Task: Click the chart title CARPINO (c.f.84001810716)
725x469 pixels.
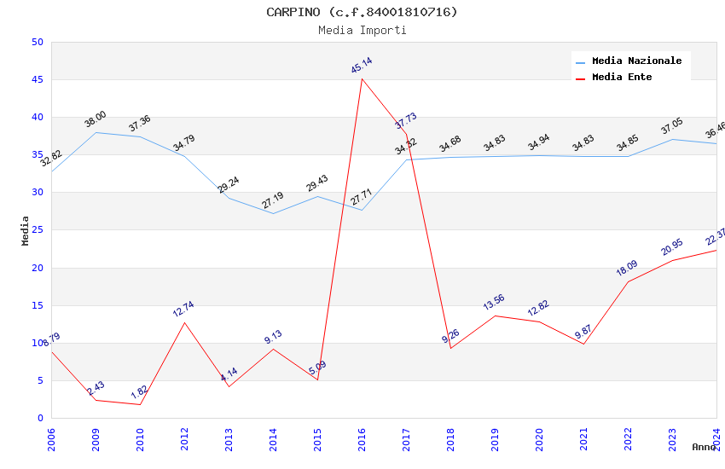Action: tap(362, 12)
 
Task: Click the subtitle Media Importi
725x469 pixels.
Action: tap(362, 30)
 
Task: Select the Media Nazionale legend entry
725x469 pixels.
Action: tap(636, 61)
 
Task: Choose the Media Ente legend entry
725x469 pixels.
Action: tap(622, 78)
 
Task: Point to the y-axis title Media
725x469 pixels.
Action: tap(26, 230)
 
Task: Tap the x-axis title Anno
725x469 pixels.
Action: tap(704, 447)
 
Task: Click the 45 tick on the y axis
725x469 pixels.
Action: tap(37, 80)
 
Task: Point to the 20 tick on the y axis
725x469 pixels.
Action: tap(37, 268)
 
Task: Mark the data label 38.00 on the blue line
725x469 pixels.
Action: tap(96, 119)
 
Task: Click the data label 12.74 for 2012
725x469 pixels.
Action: tap(184, 309)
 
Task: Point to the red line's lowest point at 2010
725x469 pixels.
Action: tap(140, 404)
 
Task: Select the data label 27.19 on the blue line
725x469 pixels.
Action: tap(273, 200)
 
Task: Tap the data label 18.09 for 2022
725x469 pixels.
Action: tap(628, 269)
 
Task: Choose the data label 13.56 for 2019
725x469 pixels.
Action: tap(495, 303)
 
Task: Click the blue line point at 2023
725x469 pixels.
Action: tap(672, 139)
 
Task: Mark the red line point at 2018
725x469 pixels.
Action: tap(450, 348)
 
